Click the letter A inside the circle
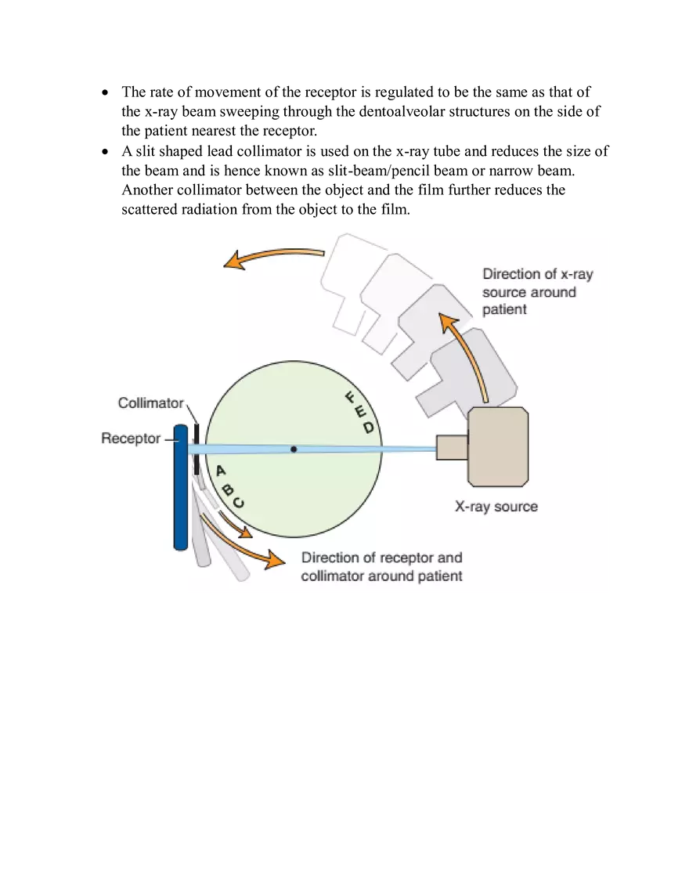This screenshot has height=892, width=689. click(x=221, y=471)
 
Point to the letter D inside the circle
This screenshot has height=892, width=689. click(x=368, y=428)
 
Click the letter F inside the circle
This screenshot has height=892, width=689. click(x=350, y=398)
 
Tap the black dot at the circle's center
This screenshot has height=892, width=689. click(x=294, y=449)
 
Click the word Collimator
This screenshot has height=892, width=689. click(x=150, y=403)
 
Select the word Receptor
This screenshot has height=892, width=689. click(x=130, y=439)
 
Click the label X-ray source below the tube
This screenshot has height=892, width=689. click(x=496, y=507)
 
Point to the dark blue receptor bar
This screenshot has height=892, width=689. click(x=180, y=486)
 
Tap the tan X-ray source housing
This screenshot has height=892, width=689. click(x=498, y=446)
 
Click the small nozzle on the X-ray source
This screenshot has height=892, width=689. click(x=451, y=447)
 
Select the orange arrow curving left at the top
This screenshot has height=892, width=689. click(x=274, y=255)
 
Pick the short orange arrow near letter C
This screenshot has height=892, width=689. click(x=236, y=524)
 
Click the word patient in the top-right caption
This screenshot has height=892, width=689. click(x=504, y=309)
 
